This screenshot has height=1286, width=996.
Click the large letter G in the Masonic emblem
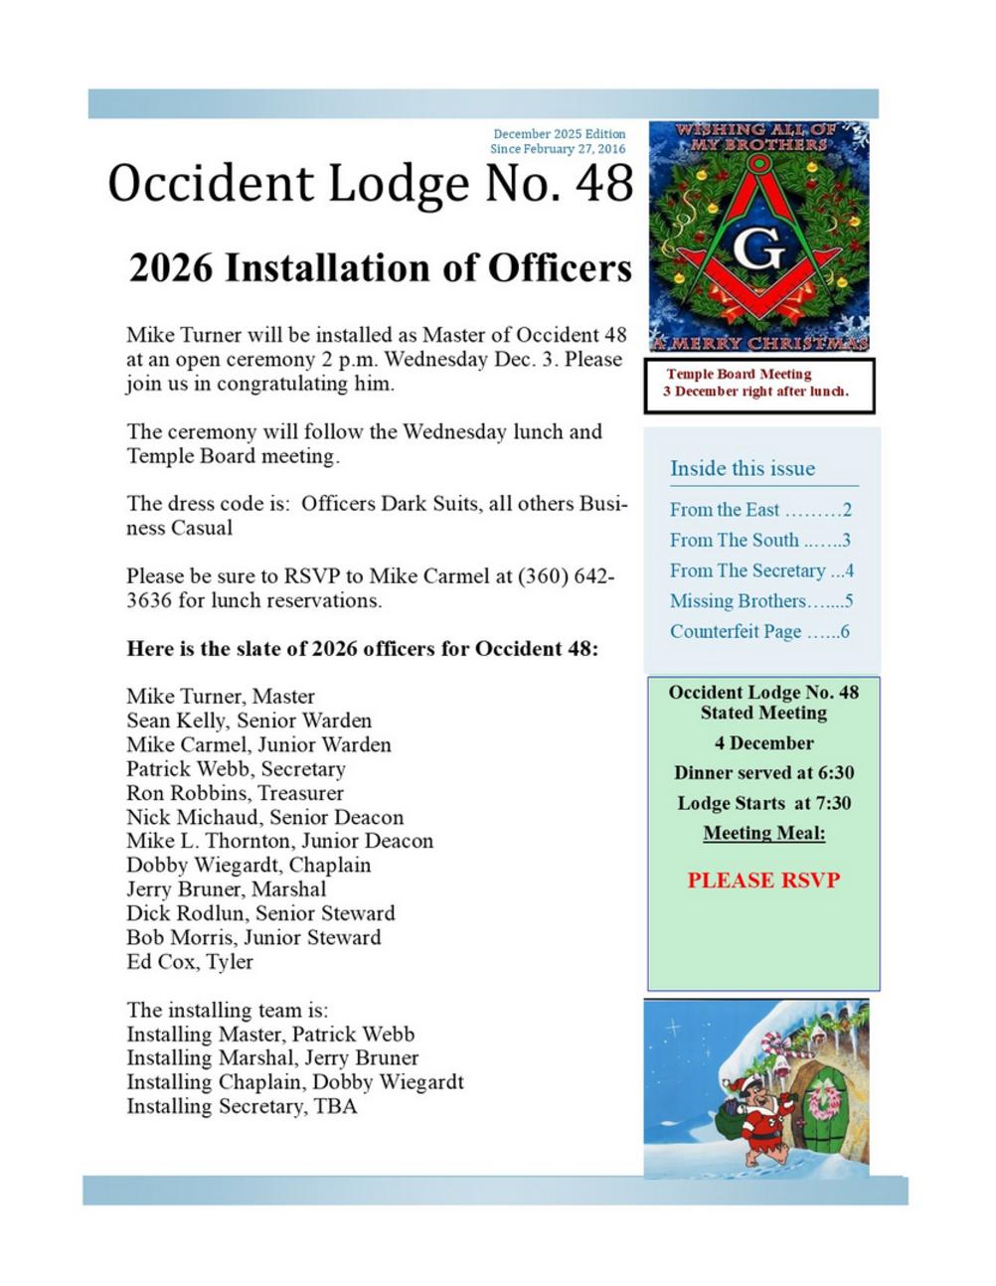click(x=759, y=250)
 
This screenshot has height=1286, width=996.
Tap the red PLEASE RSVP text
click(x=763, y=881)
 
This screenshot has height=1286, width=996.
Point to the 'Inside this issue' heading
click(x=743, y=468)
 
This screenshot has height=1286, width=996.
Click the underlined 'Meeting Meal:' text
click(x=763, y=833)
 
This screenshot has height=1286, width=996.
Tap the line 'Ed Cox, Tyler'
click(x=190, y=962)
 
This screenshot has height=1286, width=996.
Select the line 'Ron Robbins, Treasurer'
click(x=235, y=793)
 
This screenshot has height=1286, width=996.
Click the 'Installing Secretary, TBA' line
click(x=242, y=1106)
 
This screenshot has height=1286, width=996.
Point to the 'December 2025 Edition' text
click(x=560, y=134)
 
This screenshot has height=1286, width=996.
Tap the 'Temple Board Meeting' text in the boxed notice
click(x=739, y=375)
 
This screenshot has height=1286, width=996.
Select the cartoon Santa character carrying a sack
click(x=762, y=1121)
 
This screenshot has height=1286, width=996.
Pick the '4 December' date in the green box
click(x=763, y=743)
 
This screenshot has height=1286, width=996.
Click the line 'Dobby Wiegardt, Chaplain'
click(x=249, y=866)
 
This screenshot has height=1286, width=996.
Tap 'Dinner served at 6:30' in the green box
click(x=763, y=773)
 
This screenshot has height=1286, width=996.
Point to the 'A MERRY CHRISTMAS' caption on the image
click(x=759, y=344)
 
